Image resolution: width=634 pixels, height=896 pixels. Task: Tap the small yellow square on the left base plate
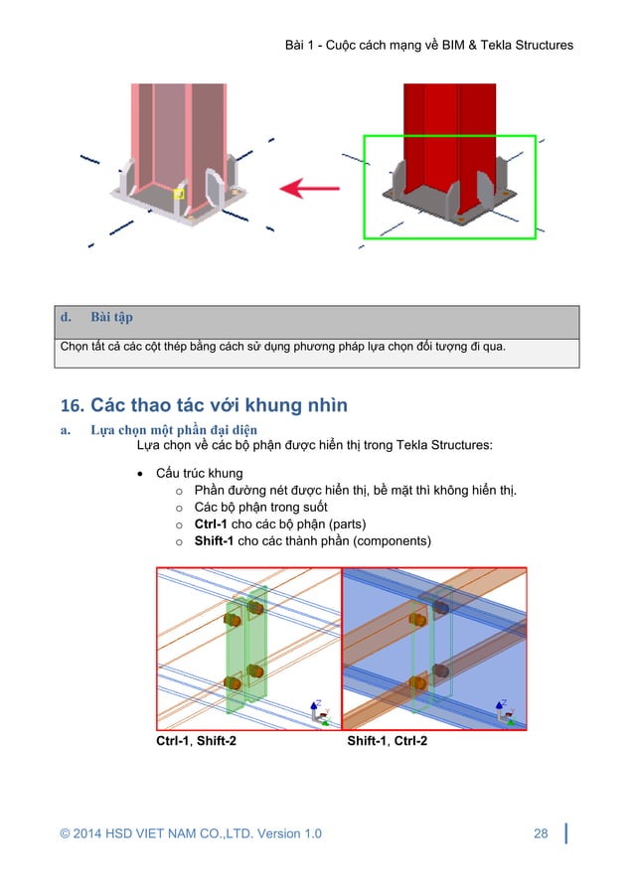tap(179, 194)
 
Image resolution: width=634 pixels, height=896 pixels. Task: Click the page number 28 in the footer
tap(541, 833)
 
